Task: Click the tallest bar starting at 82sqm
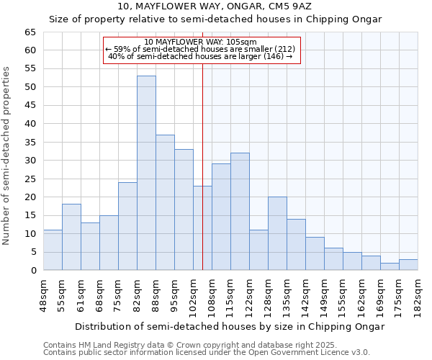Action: click(x=146, y=173)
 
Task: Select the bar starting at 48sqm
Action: click(x=53, y=250)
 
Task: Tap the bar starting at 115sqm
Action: click(x=240, y=212)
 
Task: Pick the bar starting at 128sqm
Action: click(x=277, y=233)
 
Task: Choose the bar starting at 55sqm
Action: click(x=71, y=237)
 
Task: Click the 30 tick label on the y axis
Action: click(x=30, y=161)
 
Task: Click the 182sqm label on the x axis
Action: click(x=418, y=294)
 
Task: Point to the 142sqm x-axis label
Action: click(x=307, y=294)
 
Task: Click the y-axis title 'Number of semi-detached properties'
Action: click(x=7, y=156)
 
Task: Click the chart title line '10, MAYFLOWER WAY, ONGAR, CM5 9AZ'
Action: click(x=215, y=6)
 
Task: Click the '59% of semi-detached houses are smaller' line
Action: click(x=200, y=49)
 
